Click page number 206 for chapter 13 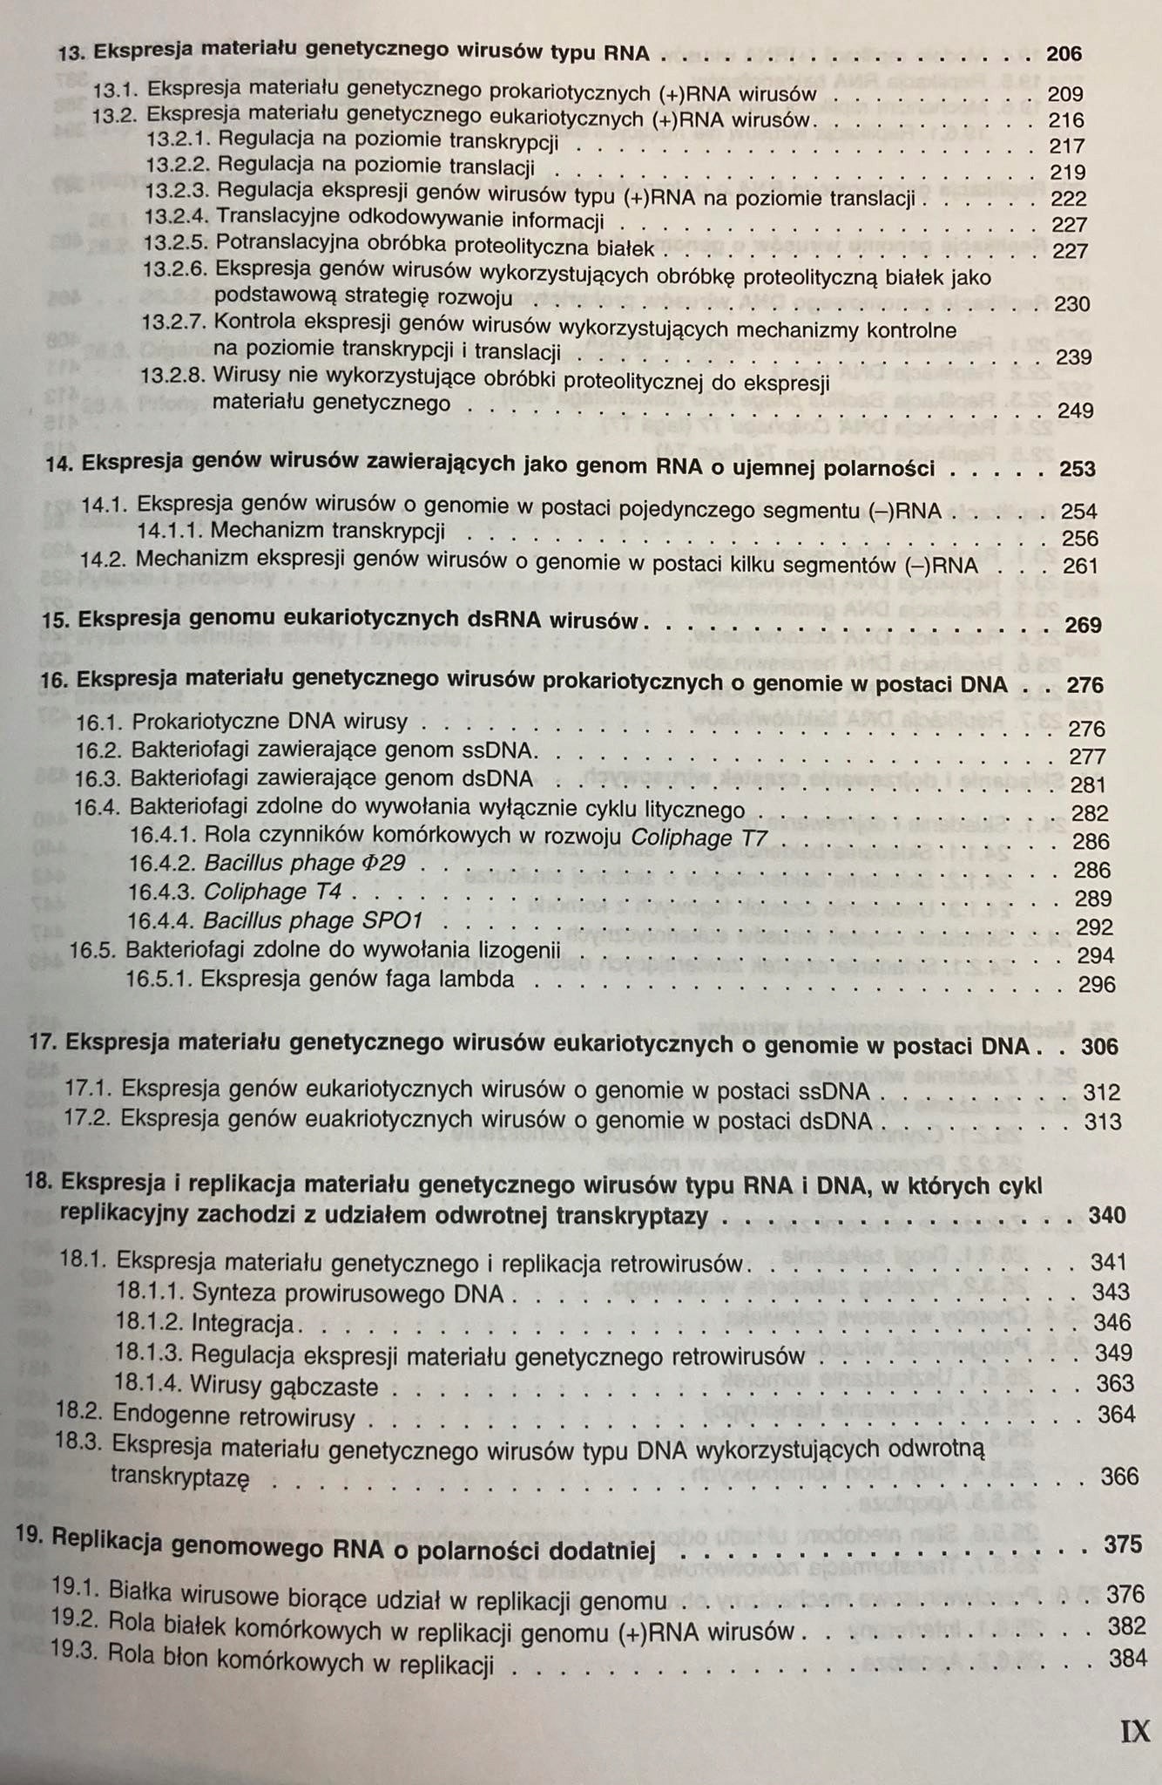click(1064, 54)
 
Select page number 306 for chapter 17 click(1099, 1046)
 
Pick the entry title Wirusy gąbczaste click(284, 1385)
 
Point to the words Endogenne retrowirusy click(234, 1415)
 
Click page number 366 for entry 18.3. click(1119, 1476)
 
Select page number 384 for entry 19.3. click(1128, 1659)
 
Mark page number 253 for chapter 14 click(1078, 469)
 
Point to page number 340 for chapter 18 click(1107, 1215)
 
